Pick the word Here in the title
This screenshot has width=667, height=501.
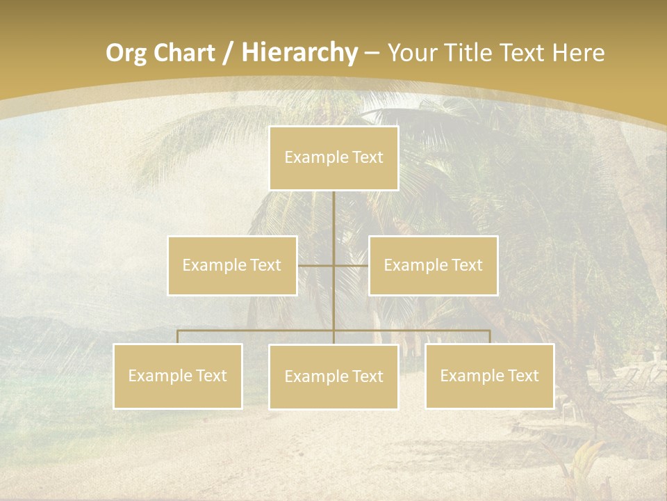[578, 53]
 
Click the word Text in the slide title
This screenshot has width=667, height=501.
[524, 53]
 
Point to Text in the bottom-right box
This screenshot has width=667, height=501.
[522, 376]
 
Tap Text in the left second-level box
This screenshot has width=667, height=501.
[265, 265]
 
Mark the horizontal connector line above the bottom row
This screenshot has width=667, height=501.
[257, 331]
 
